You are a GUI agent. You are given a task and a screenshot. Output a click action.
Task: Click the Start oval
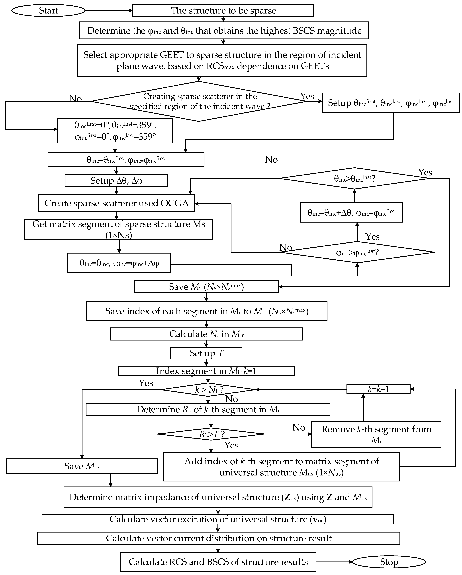coord(48,11)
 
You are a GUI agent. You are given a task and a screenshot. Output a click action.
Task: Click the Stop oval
coord(389,562)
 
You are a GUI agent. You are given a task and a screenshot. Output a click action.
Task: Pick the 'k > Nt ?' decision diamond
coord(208,390)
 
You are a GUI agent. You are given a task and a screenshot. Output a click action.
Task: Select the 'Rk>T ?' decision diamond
coord(211,434)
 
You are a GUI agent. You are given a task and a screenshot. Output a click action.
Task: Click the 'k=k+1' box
coord(378,389)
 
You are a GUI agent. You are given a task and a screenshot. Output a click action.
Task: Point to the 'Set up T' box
coord(206,353)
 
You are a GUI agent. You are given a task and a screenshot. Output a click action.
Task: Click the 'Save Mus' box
coord(82,466)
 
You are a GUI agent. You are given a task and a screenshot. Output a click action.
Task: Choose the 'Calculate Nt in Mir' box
coord(206,334)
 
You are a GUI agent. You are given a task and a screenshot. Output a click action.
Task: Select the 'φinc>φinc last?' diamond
coord(357,252)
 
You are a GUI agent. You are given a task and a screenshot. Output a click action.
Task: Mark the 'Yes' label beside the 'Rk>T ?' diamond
coord(231,445)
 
